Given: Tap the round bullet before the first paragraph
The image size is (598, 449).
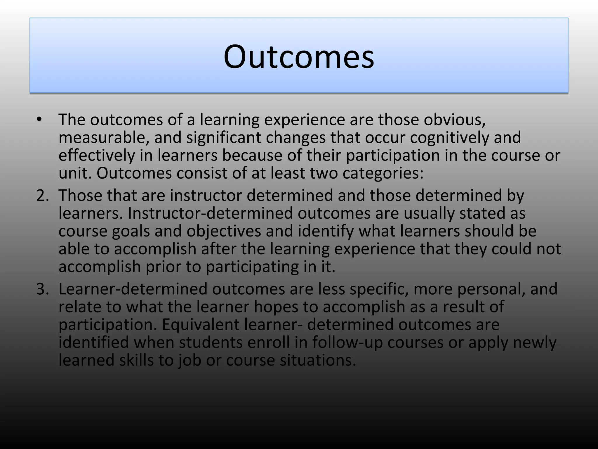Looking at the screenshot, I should point(39,120).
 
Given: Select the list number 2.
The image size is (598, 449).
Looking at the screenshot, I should point(43,195).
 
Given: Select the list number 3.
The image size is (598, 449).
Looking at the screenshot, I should point(43,289).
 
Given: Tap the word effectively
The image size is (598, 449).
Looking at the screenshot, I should point(96,156).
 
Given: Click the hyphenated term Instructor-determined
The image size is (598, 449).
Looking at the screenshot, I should point(210,213).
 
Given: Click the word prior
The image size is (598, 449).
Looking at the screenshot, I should point(163,267).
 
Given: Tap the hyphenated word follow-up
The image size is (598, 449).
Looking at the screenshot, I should point(347,343).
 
